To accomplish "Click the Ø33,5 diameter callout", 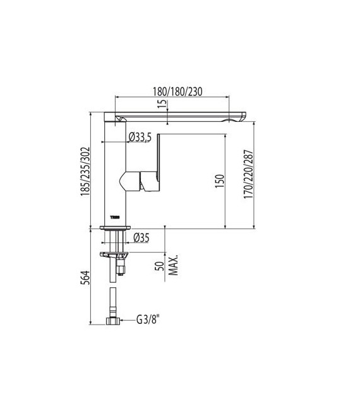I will tap(141, 136).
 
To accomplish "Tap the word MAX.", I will tap(173, 265).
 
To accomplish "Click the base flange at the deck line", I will tap(116, 227).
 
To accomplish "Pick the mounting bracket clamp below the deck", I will tap(114, 255).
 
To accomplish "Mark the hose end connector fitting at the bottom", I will tap(114, 321).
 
